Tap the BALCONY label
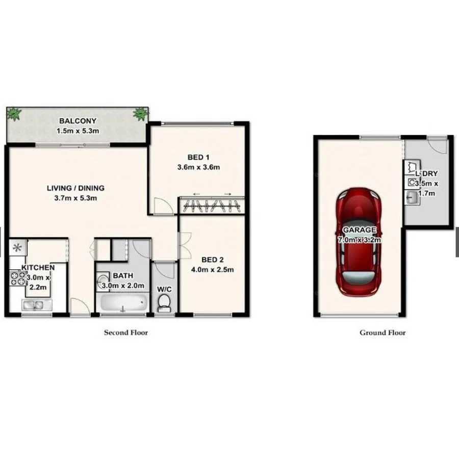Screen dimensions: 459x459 click(x=78, y=121)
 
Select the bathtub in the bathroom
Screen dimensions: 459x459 click(x=122, y=304)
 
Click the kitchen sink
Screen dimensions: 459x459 click(x=34, y=305)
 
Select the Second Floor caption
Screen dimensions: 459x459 click(x=126, y=333)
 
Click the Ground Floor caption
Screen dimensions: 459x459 click(x=382, y=333)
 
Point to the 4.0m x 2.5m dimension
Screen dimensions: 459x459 click(x=213, y=269)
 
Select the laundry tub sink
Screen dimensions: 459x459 click(x=412, y=198)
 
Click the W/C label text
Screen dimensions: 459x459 click(x=164, y=289)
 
